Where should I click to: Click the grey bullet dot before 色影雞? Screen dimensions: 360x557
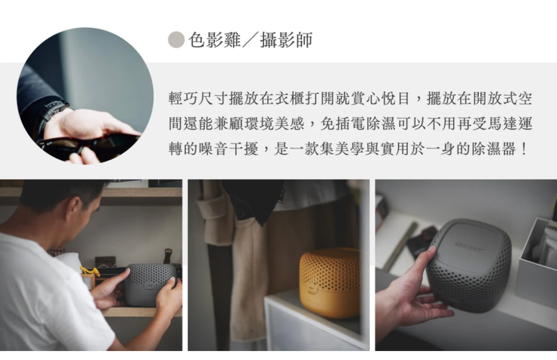176,40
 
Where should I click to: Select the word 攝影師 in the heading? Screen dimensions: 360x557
286,40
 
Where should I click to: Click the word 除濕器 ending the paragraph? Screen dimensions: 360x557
489,150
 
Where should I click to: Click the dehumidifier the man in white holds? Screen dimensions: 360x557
149,281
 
